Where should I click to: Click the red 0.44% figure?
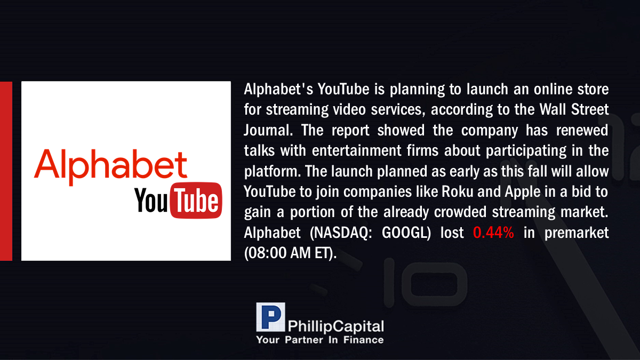click(x=493, y=233)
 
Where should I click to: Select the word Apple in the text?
click(x=523, y=192)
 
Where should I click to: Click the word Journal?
click(x=268, y=130)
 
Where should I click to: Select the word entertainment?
click(x=357, y=150)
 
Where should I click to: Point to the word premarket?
click(x=577, y=233)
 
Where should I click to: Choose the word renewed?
click(x=582, y=130)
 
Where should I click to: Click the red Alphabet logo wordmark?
click(x=110, y=166)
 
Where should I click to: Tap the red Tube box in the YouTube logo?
click(x=196, y=201)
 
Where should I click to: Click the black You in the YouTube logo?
click(x=151, y=201)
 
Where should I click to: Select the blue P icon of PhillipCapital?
click(x=270, y=317)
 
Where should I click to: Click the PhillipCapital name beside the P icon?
click(x=335, y=326)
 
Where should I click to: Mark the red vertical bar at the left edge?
click(x=6, y=171)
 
